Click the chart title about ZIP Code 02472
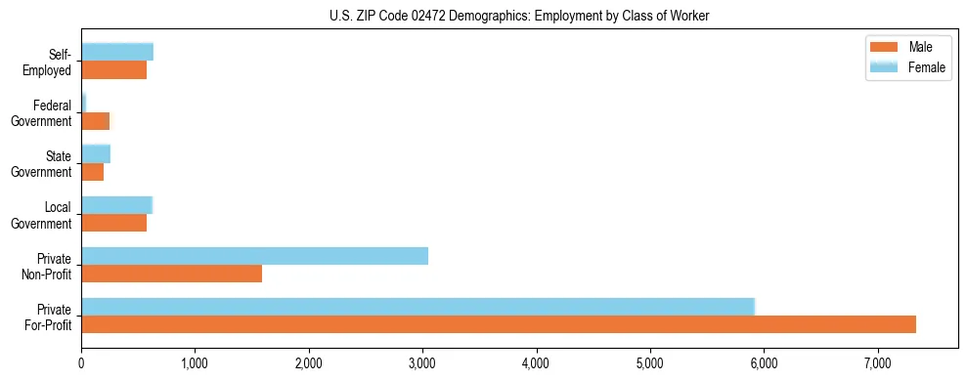(482, 15)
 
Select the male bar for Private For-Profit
(499, 324)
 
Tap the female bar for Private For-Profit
(418, 307)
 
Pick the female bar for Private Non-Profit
(254, 256)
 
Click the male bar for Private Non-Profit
(171, 274)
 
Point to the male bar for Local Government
(113, 223)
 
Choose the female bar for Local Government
(116, 205)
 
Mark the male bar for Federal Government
(96, 120)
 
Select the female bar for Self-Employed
(117, 52)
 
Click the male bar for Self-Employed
(113, 69)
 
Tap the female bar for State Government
(96, 154)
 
